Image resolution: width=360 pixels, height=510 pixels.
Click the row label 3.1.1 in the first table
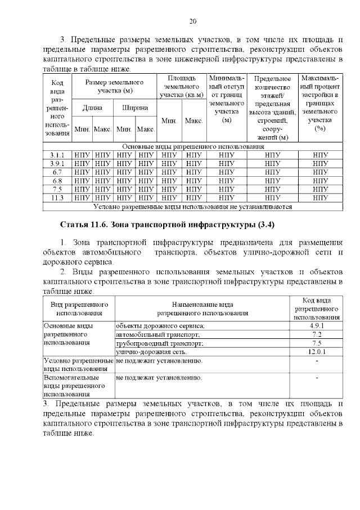point(57,154)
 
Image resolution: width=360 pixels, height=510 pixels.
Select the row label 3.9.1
point(57,163)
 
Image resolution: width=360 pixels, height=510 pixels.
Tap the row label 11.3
point(57,198)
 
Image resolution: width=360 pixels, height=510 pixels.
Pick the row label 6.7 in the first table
point(57,172)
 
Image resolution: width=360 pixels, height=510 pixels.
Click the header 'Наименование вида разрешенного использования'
point(202,309)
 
